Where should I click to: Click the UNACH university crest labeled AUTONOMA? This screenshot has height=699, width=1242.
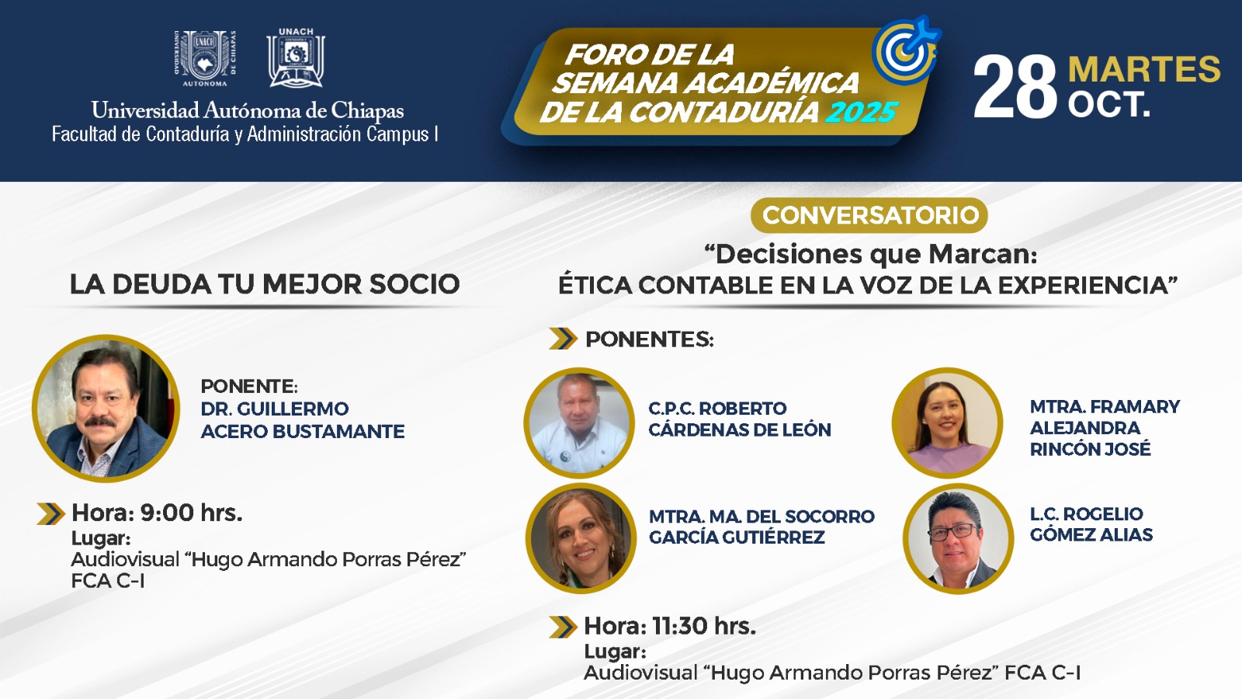coord(205,58)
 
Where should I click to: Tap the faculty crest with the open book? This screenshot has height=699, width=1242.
coord(296,57)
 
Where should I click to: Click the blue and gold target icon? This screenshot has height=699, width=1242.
coord(906,50)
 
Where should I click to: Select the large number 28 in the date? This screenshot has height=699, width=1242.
coord(1015,88)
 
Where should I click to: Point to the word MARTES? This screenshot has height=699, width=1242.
coord(1144,69)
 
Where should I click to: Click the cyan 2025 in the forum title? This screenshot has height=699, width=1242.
coord(861,113)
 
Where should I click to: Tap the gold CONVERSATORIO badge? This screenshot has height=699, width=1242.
coord(869,215)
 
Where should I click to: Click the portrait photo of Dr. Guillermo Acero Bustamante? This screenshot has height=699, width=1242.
coord(106,408)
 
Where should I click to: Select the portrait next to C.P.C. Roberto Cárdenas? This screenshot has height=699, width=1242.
coord(579,423)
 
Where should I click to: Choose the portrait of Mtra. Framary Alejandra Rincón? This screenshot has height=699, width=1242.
coord(948,423)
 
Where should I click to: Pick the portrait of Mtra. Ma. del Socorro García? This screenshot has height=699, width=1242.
coord(581,538)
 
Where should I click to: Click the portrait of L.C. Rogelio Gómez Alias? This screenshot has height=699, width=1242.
coord(958,538)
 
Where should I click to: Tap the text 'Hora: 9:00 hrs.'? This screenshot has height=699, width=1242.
coord(158,513)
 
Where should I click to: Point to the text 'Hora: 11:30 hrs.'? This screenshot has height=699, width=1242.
coord(671,626)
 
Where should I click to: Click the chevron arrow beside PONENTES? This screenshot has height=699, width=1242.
coord(564,339)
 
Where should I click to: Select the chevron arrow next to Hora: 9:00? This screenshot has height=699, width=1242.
coord(51,513)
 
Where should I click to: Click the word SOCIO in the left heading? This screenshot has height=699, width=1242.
coord(415,284)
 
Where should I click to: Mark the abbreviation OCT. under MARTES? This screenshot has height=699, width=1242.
coord(1109,104)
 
